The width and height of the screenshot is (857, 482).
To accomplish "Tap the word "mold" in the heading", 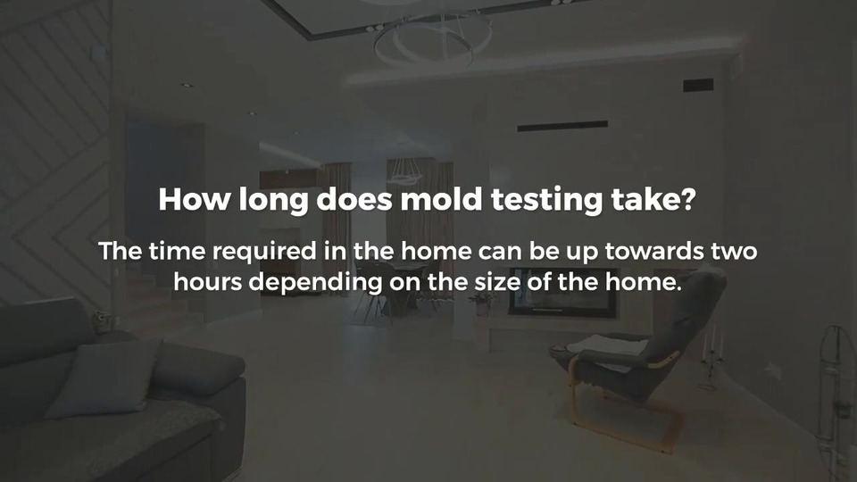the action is tap(441, 199).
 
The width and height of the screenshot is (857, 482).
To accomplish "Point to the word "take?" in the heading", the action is tap(653, 199).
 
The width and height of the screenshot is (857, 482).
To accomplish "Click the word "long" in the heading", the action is tap(274, 200).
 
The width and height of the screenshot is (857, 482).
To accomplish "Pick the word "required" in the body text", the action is tap(264, 252).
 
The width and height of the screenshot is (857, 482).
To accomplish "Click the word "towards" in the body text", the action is tap(653, 251).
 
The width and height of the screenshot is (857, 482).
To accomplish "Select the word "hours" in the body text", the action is tap(208, 282).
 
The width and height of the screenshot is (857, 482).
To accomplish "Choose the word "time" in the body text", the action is tap(177, 252).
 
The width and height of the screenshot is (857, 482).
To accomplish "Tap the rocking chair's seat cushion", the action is tap(607, 347).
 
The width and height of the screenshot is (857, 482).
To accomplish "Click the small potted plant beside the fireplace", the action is tap(483, 303).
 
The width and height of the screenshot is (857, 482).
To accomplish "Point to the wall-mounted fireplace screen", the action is tap(563, 293).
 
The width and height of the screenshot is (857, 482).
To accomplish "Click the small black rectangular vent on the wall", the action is tap(698, 86).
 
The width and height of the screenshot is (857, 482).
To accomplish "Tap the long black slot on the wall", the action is tap(562, 126).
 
